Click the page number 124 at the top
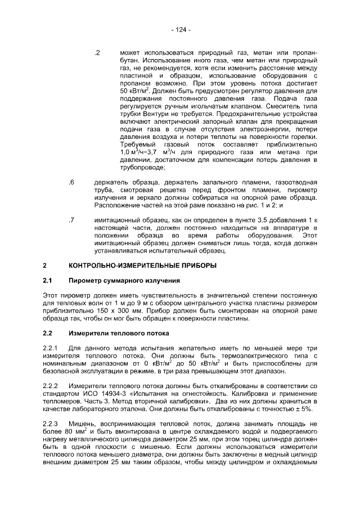click(181, 29)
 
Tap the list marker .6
click(71, 183)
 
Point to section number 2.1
click(48, 280)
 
